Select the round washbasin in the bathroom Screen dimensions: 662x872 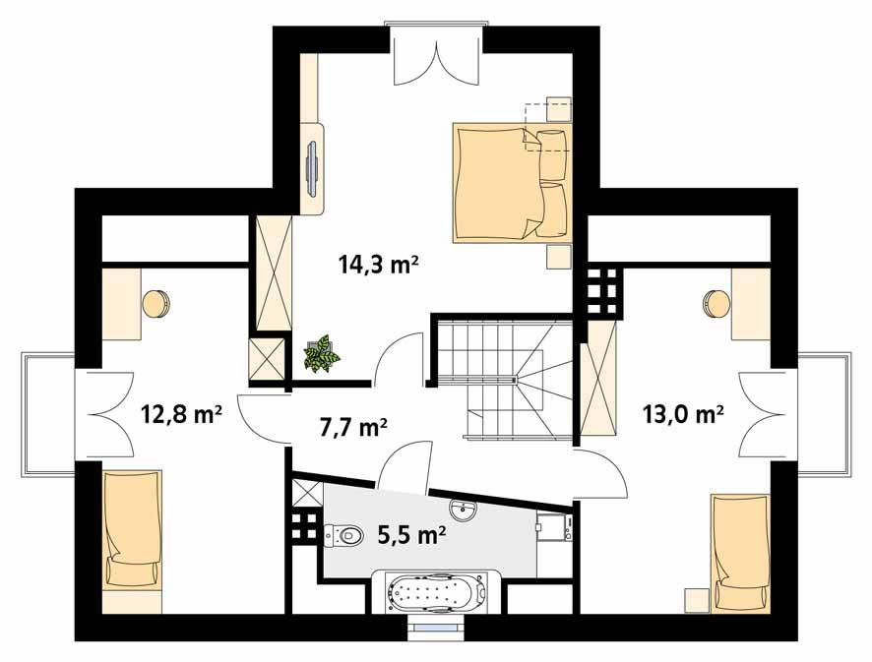point(463,511)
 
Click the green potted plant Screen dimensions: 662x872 point(320,353)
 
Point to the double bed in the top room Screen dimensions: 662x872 point(511,183)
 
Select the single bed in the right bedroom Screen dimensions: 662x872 point(739,552)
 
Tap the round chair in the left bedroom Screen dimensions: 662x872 point(156,304)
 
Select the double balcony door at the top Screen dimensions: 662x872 point(434,57)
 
